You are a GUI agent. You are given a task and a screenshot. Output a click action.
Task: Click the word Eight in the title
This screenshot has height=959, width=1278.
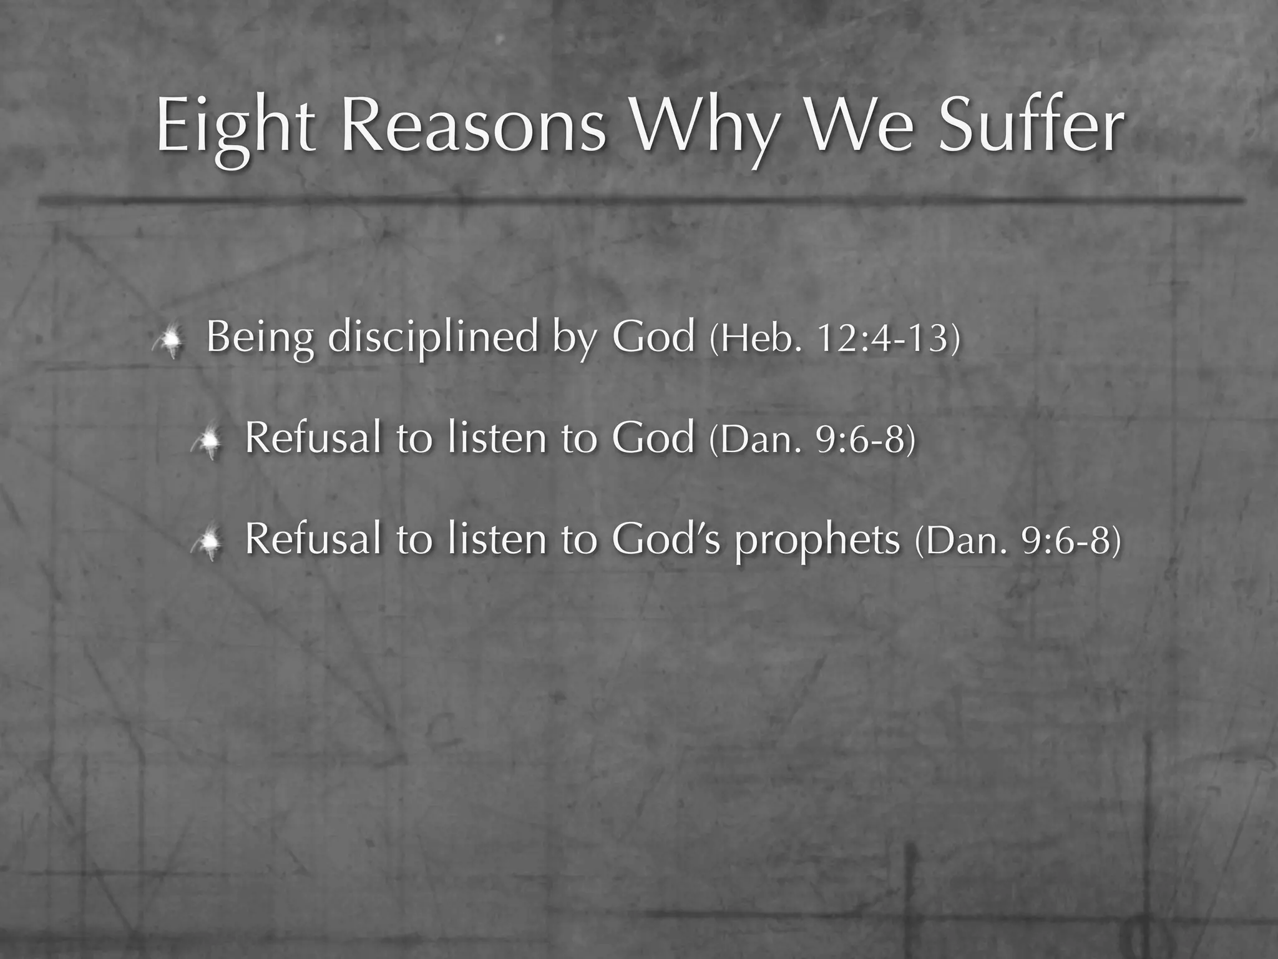coord(235,128)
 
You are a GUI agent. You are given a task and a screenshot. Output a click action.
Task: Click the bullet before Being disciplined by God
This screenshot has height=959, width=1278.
coord(168,340)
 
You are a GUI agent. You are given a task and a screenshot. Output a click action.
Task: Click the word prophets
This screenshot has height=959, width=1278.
coord(817,541)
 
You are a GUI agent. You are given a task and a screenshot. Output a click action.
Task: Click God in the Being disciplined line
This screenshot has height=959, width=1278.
coord(653,337)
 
